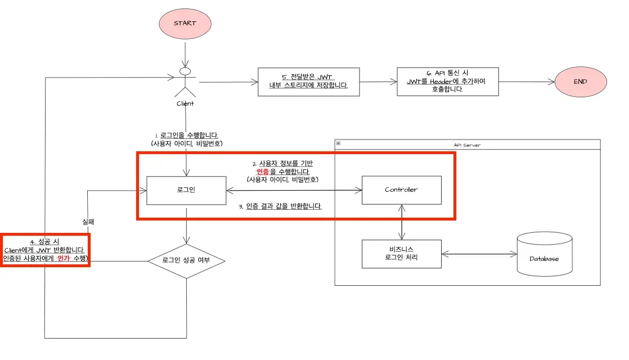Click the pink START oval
185,24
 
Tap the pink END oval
581,82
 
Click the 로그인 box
186,190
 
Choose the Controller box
401,190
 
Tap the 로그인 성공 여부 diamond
186,261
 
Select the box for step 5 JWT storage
308,82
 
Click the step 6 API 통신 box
447,82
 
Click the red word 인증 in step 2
262,171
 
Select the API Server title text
467,145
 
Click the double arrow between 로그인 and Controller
293,191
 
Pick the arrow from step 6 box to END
526,82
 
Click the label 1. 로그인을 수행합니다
186,135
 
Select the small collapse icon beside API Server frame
338,145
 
